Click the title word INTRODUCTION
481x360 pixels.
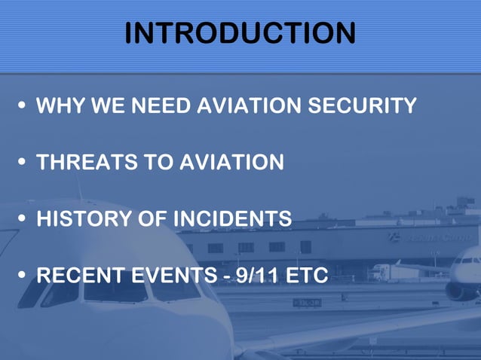(240, 34)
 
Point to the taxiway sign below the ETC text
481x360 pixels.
(307, 302)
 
